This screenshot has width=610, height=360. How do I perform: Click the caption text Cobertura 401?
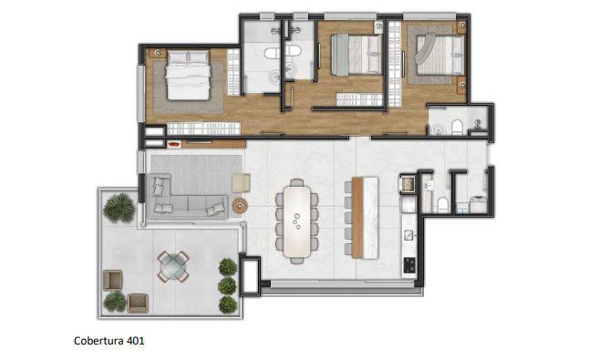tap(109, 341)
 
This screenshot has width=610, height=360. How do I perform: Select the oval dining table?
tap(297, 221)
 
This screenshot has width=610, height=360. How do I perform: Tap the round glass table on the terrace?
tap(173, 266)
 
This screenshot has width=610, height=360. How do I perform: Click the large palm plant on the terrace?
tap(119, 208)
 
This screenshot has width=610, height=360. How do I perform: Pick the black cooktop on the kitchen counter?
tap(409, 265)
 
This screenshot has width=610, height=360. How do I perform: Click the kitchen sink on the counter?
tap(408, 235)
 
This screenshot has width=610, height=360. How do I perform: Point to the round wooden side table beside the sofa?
tap(240, 205)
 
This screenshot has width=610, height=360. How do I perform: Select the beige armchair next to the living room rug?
tap(242, 182)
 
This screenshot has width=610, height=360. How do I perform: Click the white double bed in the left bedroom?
tap(189, 75)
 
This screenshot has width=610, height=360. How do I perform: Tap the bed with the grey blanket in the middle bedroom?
tap(356, 55)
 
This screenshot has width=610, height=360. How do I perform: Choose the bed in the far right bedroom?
tap(439, 55)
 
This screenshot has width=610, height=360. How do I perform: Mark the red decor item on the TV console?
tap(174, 144)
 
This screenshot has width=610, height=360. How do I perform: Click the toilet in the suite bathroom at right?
tap(457, 127)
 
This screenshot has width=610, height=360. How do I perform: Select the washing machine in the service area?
tap(478, 204)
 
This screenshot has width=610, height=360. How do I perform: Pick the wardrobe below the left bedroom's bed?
tap(203, 129)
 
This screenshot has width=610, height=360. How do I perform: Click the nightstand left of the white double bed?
tap(157, 53)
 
